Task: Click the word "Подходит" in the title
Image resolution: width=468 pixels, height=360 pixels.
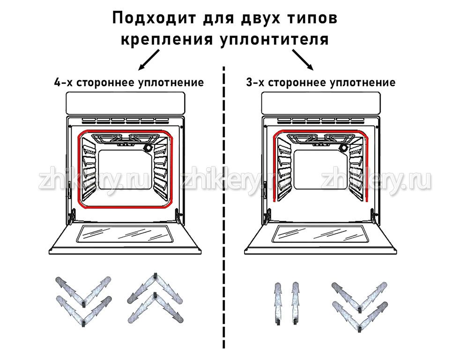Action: (x=154, y=18)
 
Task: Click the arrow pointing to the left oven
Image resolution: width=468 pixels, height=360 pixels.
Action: (x=149, y=60)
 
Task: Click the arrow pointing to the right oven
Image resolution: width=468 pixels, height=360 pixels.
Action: (x=303, y=60)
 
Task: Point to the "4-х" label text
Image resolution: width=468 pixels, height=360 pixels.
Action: (x=63, y=82)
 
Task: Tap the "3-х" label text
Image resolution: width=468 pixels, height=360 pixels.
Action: (x=255, y=82)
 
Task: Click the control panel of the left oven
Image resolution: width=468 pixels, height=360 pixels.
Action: (x=126, y=103)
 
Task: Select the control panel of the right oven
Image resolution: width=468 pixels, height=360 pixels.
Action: (x=321, y=103)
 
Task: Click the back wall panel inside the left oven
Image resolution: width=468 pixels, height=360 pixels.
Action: (x=125, y=169)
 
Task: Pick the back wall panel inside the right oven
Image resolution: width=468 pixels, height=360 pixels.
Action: (x=320, y=169)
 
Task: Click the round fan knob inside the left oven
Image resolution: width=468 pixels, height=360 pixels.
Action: (x=148, y=148)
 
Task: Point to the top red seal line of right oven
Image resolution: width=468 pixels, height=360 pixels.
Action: (x=321, y=131)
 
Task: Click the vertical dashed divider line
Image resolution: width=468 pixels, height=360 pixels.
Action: (x=224, y=207)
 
